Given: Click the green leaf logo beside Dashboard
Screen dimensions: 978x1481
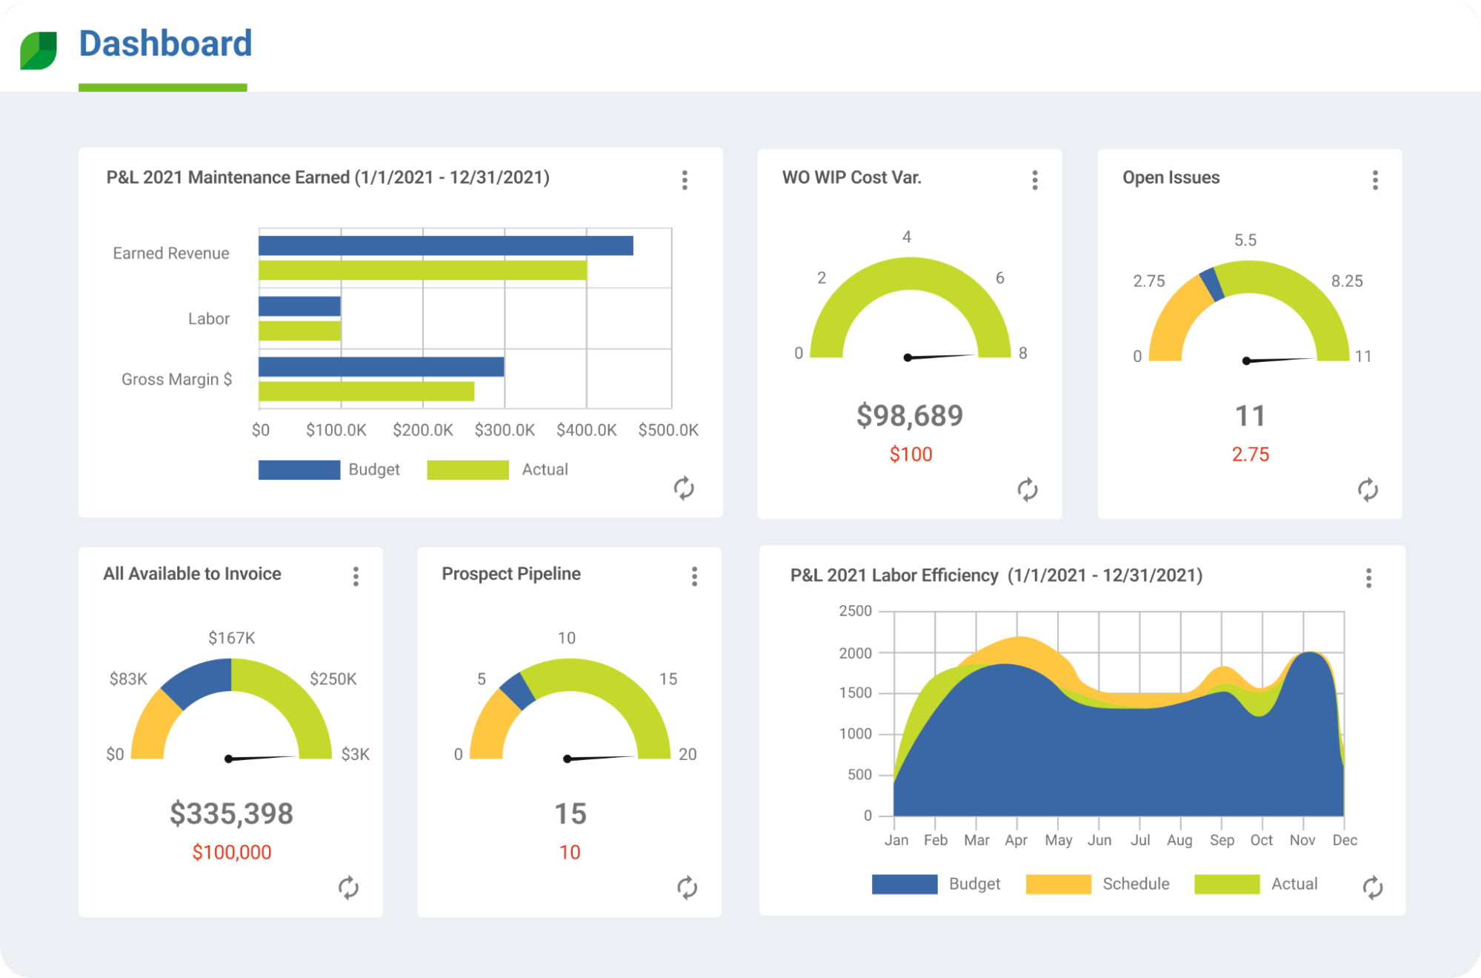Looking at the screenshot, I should point(39,50).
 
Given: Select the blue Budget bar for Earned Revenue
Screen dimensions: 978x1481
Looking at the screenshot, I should point(445,245).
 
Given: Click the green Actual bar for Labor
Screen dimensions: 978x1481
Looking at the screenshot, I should point(299,331).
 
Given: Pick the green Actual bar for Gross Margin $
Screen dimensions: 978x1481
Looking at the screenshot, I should point(366,391).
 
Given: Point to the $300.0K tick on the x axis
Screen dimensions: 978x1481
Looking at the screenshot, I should point(505,430).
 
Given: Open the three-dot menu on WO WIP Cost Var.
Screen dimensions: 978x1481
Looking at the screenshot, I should point(1035,180).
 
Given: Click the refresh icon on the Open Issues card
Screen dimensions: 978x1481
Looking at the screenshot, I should point(1368,489).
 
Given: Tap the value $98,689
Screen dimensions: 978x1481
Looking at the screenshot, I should point(910,415).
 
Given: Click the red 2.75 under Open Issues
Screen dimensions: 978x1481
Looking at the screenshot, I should point(1250,455).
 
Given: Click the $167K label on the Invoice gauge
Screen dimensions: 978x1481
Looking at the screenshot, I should point(232,638).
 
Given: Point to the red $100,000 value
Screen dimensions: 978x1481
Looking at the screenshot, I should point(232,853).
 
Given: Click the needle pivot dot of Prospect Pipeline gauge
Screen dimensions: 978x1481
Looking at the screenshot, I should point(568,759).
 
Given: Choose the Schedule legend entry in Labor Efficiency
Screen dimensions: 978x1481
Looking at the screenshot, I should point(1135,884).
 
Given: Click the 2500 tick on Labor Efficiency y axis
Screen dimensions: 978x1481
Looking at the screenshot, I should point(855,611).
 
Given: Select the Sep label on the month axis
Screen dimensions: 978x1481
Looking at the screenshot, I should point(1222,840).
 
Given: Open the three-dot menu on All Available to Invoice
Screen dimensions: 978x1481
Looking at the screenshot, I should point(356,576).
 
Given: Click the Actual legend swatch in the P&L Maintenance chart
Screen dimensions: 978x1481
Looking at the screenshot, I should point(467,470).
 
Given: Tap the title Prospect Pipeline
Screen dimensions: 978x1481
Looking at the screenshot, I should point(511,574).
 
